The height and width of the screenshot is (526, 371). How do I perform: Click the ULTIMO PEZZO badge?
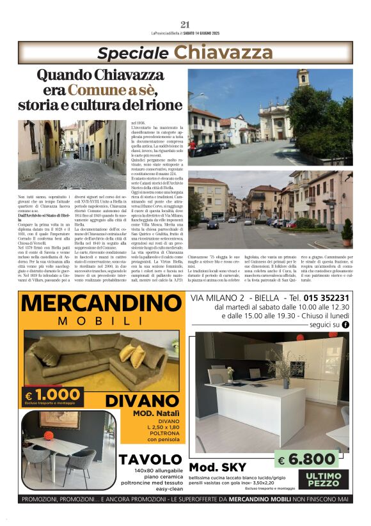pyautogui.click(x=323, y=479)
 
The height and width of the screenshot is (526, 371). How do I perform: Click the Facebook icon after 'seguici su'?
pyautogui.click(x=346, y=325)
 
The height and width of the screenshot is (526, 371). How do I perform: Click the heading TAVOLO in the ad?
pyautogui.click(x=151, y=460)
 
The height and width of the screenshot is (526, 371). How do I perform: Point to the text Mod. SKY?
pyautogui.click(x=217, y=467)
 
